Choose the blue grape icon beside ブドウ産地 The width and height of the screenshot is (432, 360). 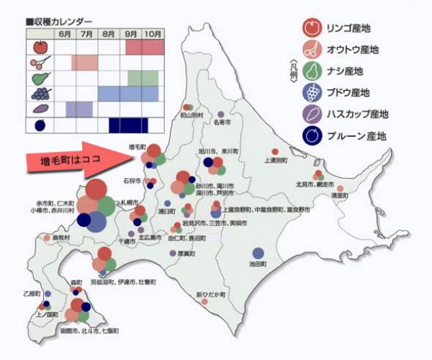pyautogui.click(x=312, y=92)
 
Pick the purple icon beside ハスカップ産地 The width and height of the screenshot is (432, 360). pyautogui.click(x=312, y=114)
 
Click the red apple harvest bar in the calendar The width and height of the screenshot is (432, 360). pyautogui.click(x=142, y=47)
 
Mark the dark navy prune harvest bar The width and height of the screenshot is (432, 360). pyautogui.click(x=123, y=125)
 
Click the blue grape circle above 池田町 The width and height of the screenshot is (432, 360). pyautogui.click(x=258, y=253)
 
